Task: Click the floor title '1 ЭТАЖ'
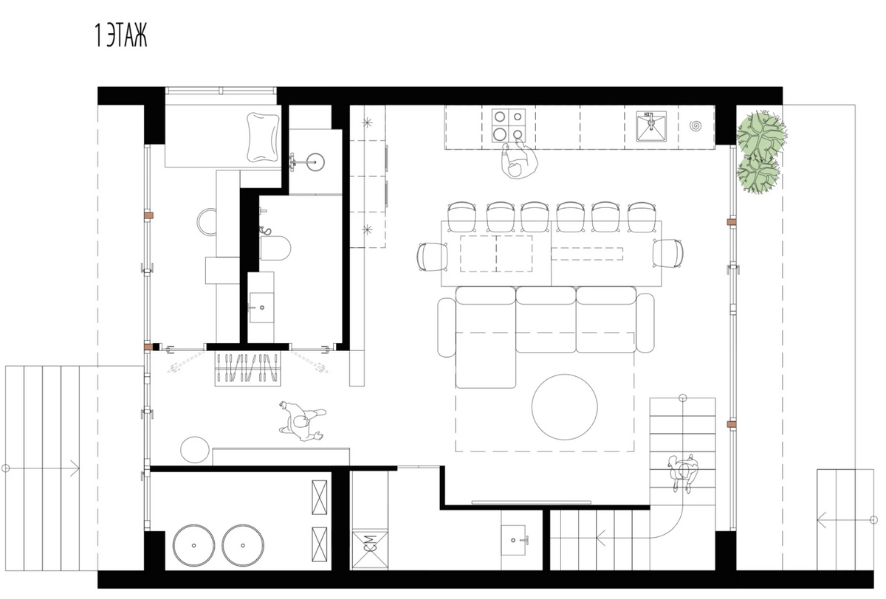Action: pos(120,35)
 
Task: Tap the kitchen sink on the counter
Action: pos(651,126)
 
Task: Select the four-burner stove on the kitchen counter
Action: pos(509,125)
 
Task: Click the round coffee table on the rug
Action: pos(564,407)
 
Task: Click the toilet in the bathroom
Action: pos(275,248)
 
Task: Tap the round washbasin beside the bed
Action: pos(316,162)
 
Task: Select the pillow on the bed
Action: pos(262,137)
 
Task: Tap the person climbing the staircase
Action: pos(683,473)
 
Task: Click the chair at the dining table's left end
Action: pos(433,257)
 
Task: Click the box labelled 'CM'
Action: pos(370,550)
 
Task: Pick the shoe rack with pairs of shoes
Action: pos(248,369)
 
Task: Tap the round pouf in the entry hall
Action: pos(195,450)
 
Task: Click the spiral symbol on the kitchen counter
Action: pos(696,126)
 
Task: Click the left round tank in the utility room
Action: pos(193,545)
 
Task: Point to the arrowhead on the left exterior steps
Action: pos(75,468)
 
